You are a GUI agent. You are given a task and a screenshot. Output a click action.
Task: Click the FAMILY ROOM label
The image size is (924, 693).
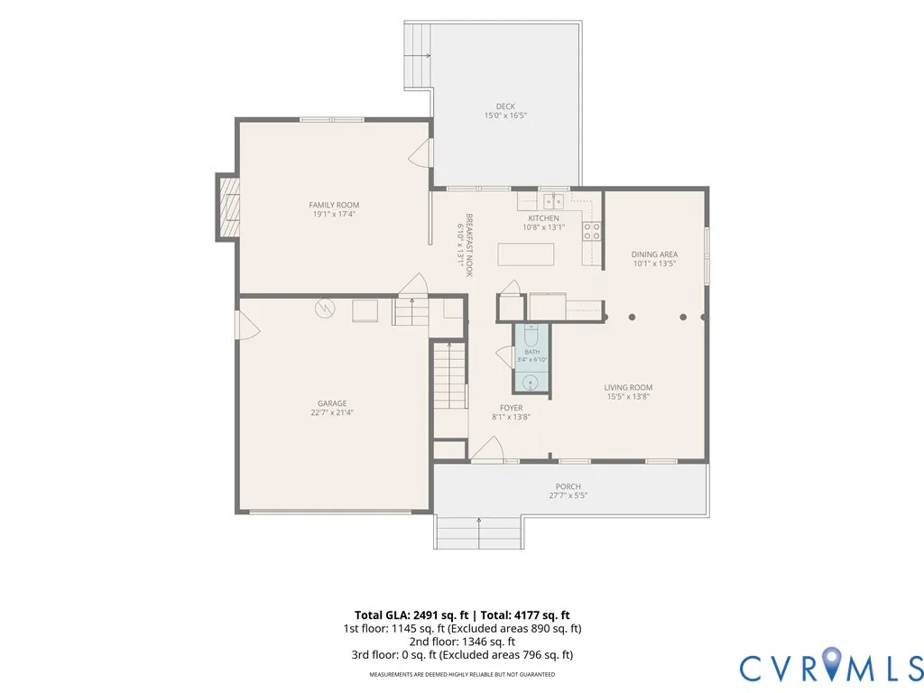[334, 205]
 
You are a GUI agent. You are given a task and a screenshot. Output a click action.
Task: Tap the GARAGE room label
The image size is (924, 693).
[332, 403]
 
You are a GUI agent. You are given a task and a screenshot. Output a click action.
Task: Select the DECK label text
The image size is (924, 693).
[505, 106]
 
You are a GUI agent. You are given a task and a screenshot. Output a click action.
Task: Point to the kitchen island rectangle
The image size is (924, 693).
[526, 254]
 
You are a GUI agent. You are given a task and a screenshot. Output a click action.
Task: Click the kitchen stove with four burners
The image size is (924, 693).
[592, 232]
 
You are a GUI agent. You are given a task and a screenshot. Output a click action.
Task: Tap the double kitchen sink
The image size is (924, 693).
[553, 202]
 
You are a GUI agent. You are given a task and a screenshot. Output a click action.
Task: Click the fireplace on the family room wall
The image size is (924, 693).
[228, 207]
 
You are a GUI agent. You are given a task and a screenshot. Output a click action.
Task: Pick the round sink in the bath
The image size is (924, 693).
[531, 383]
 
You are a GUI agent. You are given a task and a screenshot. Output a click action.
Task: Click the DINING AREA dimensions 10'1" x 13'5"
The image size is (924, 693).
[654, 263]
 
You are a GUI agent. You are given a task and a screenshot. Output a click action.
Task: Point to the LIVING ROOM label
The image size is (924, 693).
[628, 388]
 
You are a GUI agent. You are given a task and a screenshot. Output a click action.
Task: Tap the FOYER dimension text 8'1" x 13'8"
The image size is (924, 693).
[511, 417]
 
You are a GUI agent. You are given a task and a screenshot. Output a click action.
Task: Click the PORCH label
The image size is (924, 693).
[568, 486]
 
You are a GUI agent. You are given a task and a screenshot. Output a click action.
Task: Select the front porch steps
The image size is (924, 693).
[479, 532]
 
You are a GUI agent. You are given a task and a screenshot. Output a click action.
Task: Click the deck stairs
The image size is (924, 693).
[417, 55]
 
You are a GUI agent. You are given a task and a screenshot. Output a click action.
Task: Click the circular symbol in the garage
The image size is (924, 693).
[325, 309]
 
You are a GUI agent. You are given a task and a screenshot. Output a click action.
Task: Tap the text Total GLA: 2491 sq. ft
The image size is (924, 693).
[411, 615]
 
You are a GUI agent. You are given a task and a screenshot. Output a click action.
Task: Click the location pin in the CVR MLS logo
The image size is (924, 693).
[831, 661]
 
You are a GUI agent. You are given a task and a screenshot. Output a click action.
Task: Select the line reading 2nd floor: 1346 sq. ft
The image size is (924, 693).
[462, 642]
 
